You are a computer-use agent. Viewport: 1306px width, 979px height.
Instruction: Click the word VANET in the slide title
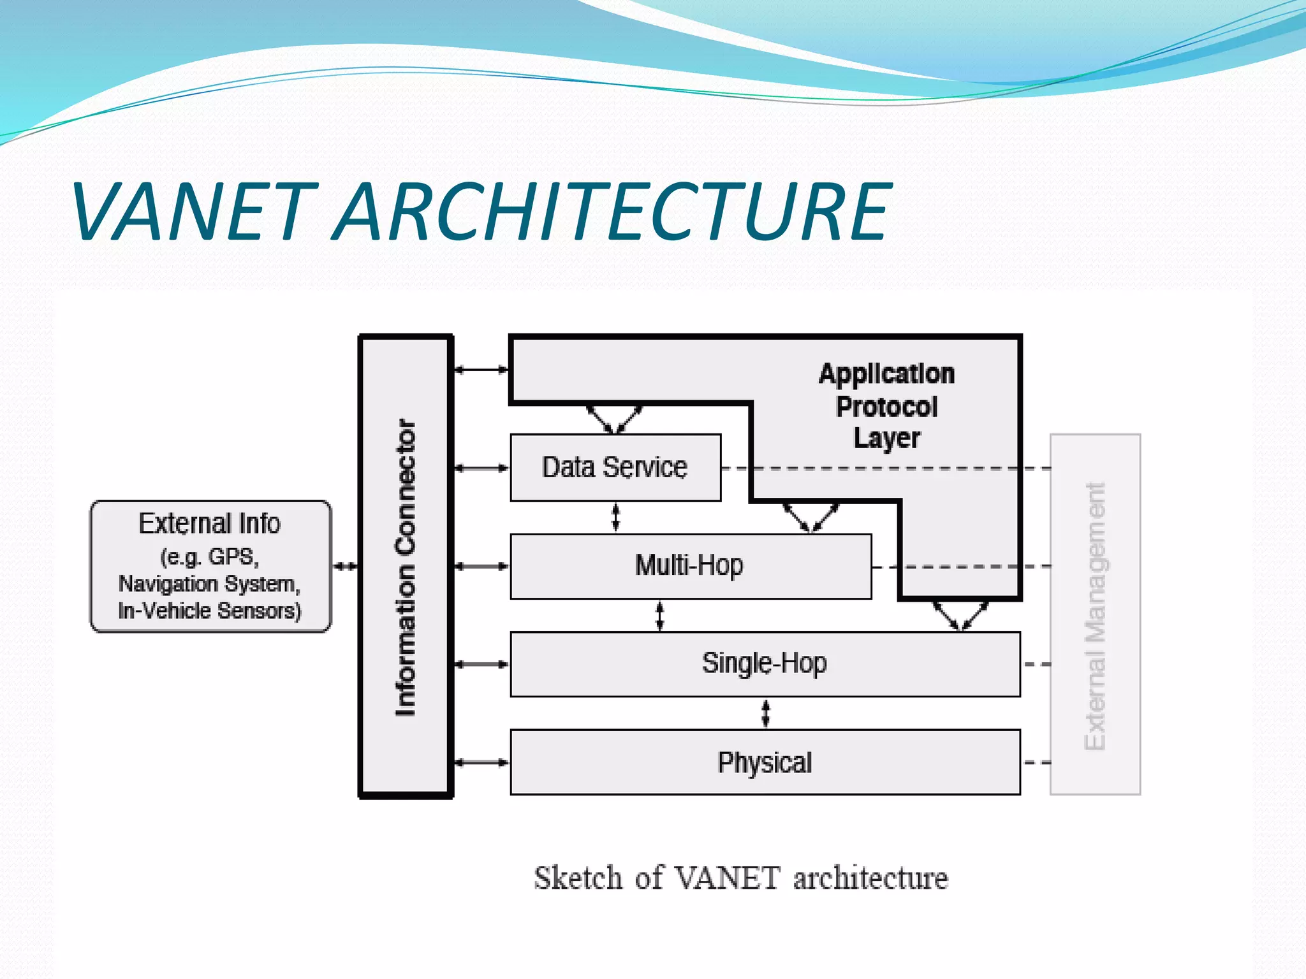point(194,212)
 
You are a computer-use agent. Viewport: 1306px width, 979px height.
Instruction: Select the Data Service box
point(615,467)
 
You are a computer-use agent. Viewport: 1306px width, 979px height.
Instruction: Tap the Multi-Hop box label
point(689,565)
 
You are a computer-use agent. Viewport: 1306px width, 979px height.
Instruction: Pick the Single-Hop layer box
point(764,664)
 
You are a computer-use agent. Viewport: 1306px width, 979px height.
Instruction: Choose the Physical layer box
point(764,762)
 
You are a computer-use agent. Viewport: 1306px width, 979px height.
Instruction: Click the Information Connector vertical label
point(406,567)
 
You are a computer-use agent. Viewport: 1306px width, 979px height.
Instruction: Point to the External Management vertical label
point(1095,615)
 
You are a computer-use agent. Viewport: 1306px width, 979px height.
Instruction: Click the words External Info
point(209,523)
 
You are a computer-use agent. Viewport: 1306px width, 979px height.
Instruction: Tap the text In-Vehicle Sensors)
point(209,611)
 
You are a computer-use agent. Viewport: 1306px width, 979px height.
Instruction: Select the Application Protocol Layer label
point(886,406)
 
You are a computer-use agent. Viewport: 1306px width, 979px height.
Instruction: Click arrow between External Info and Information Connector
point(345,566)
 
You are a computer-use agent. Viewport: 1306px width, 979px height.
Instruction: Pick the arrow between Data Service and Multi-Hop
point(615,517)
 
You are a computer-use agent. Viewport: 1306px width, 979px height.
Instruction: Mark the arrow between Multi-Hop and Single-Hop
point(660,616)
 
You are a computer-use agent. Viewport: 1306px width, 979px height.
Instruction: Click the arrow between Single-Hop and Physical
point(766,713)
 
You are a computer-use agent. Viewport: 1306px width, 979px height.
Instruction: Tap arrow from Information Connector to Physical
point(481,762)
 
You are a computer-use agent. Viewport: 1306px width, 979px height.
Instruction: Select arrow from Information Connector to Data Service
point(481,468)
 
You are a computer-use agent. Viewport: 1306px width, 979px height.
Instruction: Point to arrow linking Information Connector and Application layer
point(481,369)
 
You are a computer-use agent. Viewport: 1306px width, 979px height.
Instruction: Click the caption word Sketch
point(577,878)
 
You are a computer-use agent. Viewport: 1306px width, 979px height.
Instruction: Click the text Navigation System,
point(209,584)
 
